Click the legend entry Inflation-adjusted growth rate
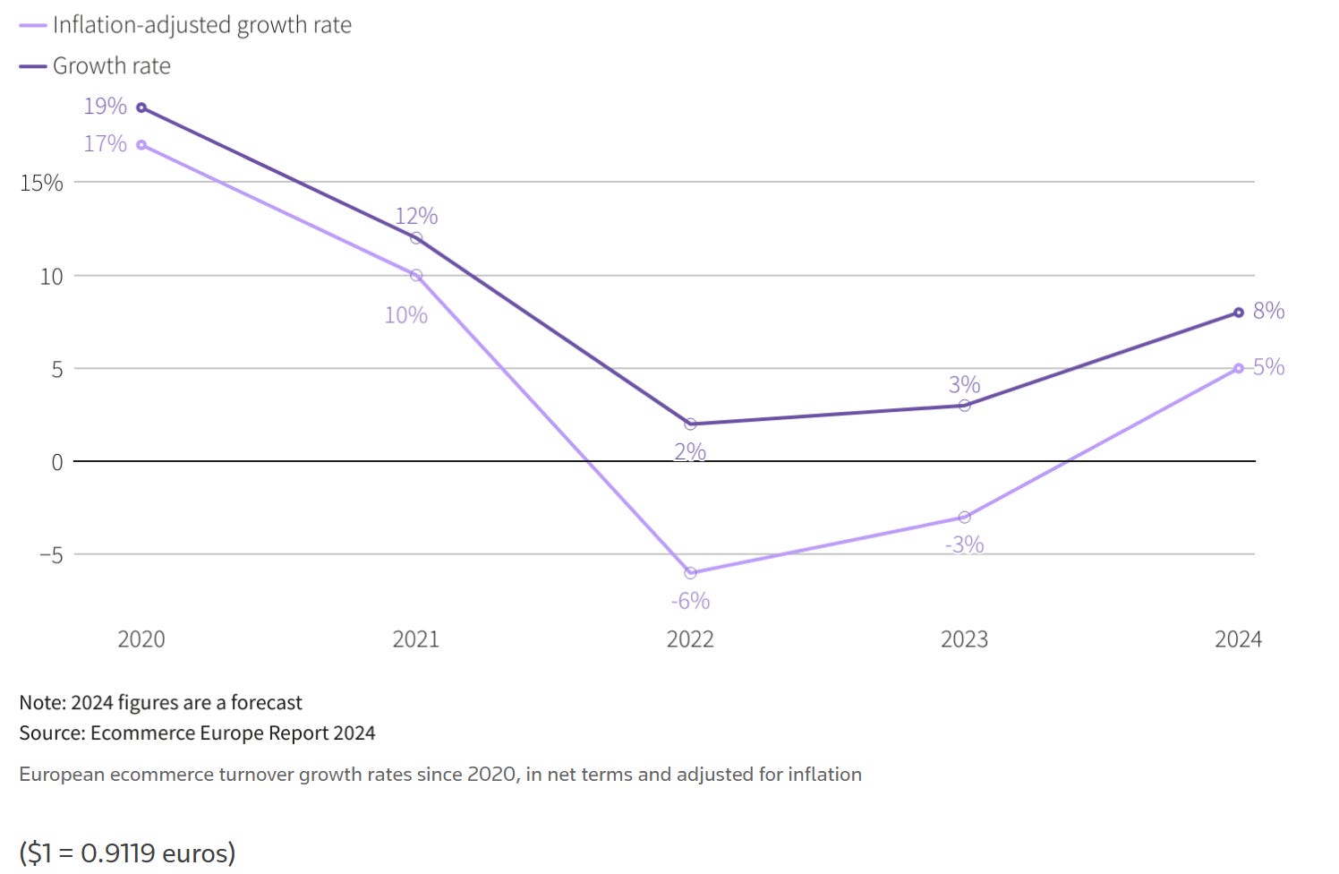coord(201,25)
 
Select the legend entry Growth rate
coord(111,66)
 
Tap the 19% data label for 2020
coord(105,107)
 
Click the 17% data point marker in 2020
coord(141,145)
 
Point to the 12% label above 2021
coord(416,216)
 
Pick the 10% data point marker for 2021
coord(416,276)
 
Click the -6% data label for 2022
coord(690,601)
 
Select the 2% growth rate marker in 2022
coord(690,424)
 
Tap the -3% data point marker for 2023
coord(964,518)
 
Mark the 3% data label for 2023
coord(964,384)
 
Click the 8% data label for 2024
coord(1268,311)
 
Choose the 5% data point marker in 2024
coord(1239,368)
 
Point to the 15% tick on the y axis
coord(41,183)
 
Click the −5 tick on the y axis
coord(51,555)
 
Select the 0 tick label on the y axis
coord(57,462)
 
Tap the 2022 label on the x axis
coord(690,639)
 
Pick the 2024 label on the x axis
coord(1238,639)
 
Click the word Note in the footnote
coord(41,703)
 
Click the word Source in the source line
coord(51,733)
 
